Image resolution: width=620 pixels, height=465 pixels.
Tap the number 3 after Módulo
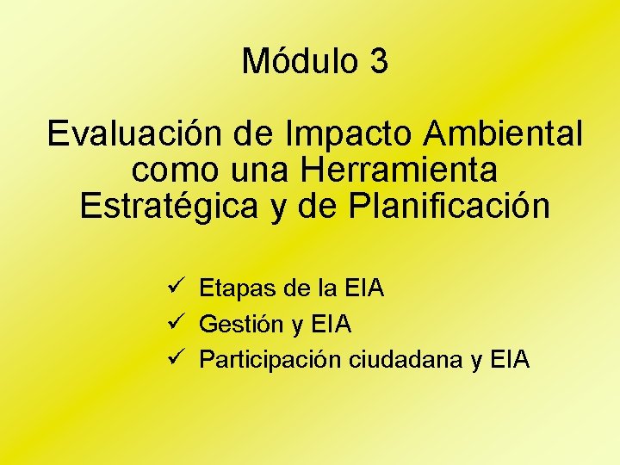coord(378,62)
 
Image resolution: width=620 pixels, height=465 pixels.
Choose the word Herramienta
coord(400,170)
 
